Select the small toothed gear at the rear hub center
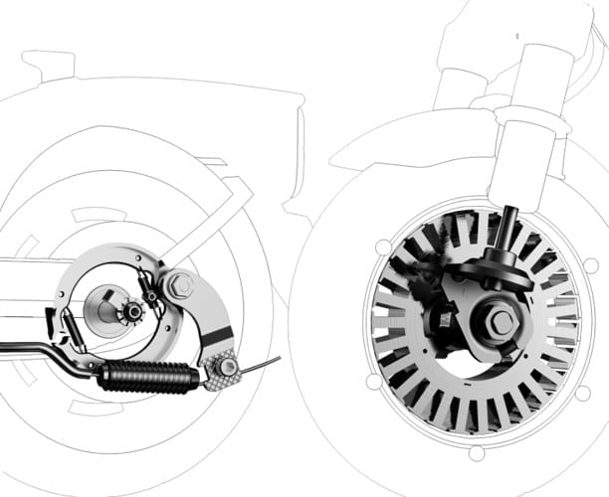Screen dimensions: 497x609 coord(131,312)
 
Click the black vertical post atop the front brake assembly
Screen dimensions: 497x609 coord(509,225)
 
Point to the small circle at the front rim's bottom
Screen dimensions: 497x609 coord(477,452)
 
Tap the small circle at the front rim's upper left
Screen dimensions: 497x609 coord(383,245)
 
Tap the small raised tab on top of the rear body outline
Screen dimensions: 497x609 coord(47,65)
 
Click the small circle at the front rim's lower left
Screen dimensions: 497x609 coord(371,381)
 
